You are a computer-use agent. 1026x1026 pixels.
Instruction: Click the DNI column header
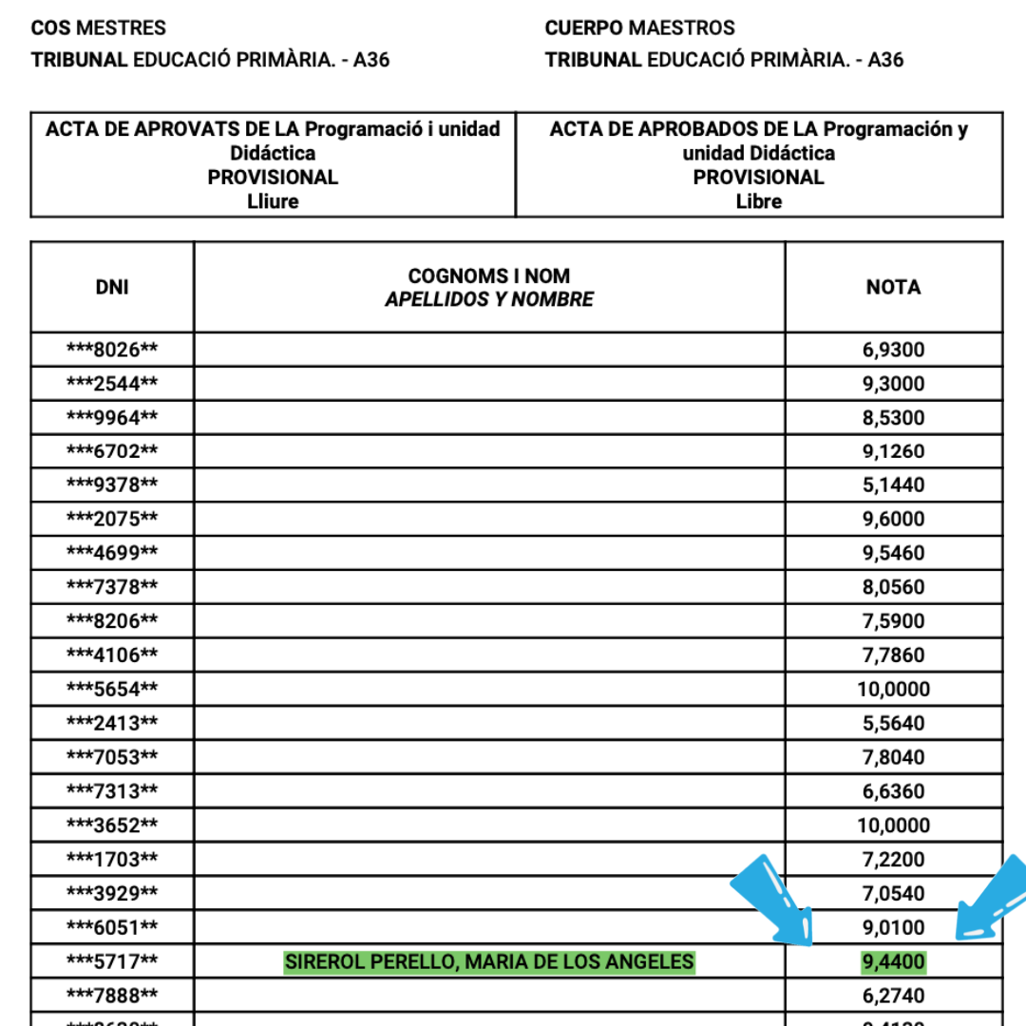point(112,287)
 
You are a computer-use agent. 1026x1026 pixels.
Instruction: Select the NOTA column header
point(893,287)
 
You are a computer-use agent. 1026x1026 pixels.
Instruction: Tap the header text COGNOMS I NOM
point(489,275)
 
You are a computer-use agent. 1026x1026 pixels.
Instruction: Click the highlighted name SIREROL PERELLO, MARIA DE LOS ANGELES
point(489,962)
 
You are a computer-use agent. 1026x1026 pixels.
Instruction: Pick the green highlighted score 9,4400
point(893,962)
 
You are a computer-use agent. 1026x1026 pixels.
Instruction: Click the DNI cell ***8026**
point(112,350)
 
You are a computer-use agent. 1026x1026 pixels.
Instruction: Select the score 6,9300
point(893,350)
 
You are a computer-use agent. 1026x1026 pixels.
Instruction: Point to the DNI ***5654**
point(112,689)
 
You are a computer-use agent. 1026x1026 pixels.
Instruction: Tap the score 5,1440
point(893,485)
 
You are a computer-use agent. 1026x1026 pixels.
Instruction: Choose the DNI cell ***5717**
point(112,962)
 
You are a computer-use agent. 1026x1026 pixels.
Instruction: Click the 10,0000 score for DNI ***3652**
point(893,825)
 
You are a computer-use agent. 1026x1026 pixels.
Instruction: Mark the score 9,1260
point(893,451)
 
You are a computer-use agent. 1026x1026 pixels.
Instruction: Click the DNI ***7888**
point(112,996)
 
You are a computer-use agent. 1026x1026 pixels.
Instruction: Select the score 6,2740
point(893,996)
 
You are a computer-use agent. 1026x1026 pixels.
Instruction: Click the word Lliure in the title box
point(273,201)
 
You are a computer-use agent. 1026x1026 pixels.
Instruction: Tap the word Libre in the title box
point(759,201)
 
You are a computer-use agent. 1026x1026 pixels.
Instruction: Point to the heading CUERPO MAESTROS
point(639,28)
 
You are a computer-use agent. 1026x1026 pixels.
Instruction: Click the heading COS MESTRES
point(99,28)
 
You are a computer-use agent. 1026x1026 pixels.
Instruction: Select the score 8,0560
point(893,587)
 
